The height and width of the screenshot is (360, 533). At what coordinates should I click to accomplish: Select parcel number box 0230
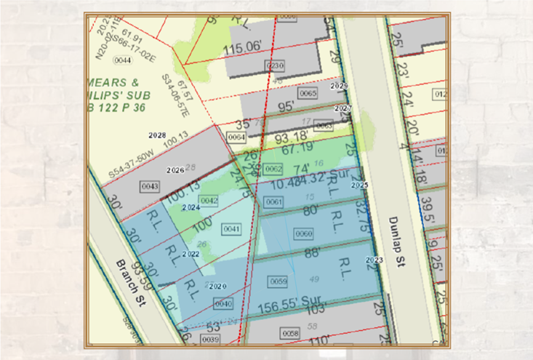click(x=274, y=65)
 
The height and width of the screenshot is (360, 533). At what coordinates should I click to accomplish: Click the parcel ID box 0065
click(x=308, y=94)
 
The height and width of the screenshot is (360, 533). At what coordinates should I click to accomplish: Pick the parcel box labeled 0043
click(x=150, y=186)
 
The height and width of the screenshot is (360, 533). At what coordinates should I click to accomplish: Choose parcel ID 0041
click(x=232, y=229)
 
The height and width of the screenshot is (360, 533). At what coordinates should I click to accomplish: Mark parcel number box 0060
click(x=304, y=233)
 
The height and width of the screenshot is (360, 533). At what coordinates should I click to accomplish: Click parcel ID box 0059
click(x=278, y=281)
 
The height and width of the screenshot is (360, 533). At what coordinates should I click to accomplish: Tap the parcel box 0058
click(x=289, y=333)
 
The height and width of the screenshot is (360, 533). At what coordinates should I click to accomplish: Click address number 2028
click(x=157, y=136)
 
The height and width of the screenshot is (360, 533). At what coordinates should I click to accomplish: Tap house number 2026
click(x=175, y=170)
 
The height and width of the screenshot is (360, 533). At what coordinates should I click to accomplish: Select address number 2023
click(x=374, y=260)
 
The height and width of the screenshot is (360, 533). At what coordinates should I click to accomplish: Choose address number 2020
click(x=217, y=287)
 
